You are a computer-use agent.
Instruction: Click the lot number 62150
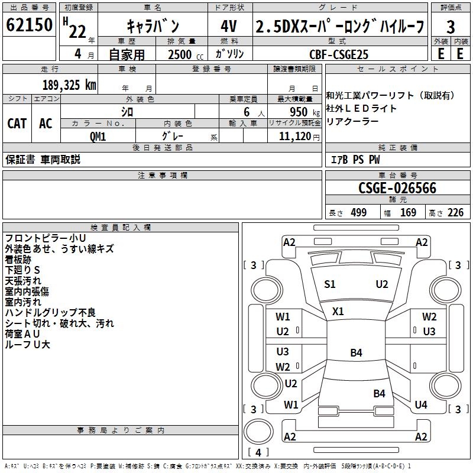(x=29, y=25)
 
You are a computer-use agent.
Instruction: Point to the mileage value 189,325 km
(x=69, y=85)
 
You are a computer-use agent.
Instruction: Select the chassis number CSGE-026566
(x=397, y=188)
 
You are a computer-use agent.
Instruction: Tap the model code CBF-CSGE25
(x=339, y=54)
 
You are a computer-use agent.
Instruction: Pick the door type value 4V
(x=229, y=27)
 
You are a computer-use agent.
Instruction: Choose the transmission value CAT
(x=17, y=124)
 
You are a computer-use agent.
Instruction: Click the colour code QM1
(x=98, y=136)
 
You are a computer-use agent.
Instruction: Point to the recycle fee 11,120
(x=294, y=136)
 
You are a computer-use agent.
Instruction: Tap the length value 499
(x=358, y=213)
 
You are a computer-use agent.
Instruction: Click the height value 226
(x=455, y=213)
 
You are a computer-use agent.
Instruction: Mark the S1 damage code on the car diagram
(x=330, y=284)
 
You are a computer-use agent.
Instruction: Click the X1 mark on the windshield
(x=338, y=311)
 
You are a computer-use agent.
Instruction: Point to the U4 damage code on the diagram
(x=421, y=405)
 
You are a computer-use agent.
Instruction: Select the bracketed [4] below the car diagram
(x=257, y=453)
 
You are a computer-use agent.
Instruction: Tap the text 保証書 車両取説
(x=43, y=160)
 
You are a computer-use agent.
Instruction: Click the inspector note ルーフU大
(x=27, y=345)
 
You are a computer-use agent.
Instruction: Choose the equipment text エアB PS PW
(x=355, y=160)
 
